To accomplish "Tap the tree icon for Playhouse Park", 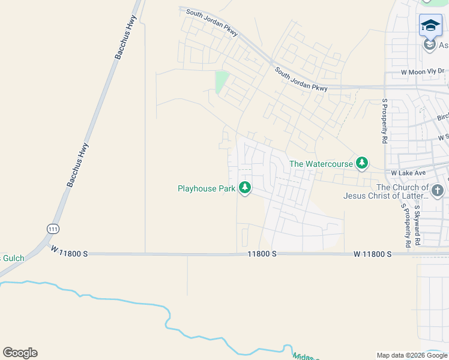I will [x=245, y=188].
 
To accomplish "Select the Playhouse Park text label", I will [x=206, y=188].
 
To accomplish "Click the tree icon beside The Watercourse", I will [x=362, y=163].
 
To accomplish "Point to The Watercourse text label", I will [x=321, y=163].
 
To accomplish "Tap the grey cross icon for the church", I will [x=438, y=191].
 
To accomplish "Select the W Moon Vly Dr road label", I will [x=424, y=72].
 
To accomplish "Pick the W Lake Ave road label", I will [x=408, y=173].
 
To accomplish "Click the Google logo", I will [x=20, y=353].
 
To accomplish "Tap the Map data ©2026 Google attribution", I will [x=411, y=355].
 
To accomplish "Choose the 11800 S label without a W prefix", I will [x=262, y=254].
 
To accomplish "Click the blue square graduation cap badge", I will [x=430, y=25].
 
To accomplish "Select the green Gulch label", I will [x=12, y=258].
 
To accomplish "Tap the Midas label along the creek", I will [x=305, y=356].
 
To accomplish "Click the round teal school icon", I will [x=429, y=45].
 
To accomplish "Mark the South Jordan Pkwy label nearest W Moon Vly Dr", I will [x=301, y=79].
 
